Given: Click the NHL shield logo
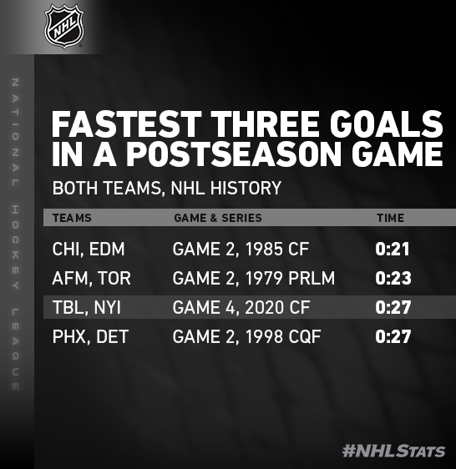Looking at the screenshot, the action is click(63, 26).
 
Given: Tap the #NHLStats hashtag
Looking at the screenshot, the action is click(393, 451).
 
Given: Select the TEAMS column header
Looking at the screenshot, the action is click(72, 218).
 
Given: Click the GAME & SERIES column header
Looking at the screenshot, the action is click(218, 218).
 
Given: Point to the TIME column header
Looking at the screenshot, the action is click(390, 218).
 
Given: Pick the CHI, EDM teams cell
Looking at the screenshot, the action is click(89, 250).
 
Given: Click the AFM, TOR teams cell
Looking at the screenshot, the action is click(91, 278).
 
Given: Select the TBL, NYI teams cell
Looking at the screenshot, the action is click(87, 307).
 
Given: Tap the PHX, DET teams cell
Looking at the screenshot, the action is click(90, 336).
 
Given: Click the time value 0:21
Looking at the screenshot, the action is click(393, 250).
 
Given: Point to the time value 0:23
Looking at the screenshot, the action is click(393, 278).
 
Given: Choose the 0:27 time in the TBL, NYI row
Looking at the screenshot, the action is click(393, 307).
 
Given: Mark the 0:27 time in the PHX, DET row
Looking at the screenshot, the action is click(393, 336).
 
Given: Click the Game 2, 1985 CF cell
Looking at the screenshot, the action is click(241, 250).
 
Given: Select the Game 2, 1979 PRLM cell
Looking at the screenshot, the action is click(254, 278).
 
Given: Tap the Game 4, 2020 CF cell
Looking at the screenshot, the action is click(241, 307).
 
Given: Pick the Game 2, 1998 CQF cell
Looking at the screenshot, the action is click(246, 336).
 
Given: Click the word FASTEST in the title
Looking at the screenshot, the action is click(127, 124).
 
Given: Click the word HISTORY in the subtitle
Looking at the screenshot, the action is click(246, 188).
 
